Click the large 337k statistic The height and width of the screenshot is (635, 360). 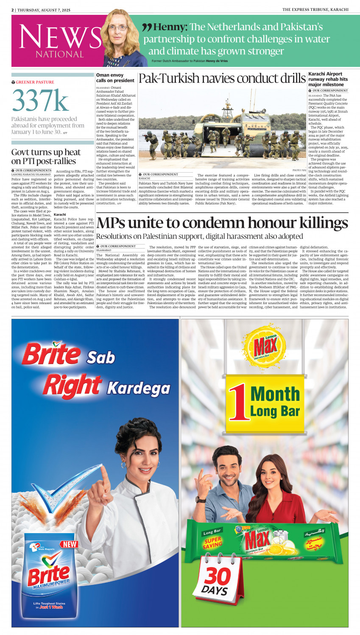pos(40,101)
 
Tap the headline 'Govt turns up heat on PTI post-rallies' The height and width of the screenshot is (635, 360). pos(46,157)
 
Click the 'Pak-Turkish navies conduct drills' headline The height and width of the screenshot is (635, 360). pos(222,79)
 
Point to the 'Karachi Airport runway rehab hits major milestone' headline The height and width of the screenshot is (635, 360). pos(328,79)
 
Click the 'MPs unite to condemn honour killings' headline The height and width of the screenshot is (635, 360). pos(222,223)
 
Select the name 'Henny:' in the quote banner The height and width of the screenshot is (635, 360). pos(170,27)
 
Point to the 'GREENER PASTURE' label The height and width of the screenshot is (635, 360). pos(35,82)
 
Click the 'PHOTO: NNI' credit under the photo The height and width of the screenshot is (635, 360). pos(299,170)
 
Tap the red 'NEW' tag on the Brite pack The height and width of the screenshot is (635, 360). pos(70,544)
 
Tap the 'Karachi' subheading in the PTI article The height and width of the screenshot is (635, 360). pos(60,215)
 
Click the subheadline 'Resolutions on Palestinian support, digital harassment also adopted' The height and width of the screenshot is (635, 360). pos(199,236)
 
